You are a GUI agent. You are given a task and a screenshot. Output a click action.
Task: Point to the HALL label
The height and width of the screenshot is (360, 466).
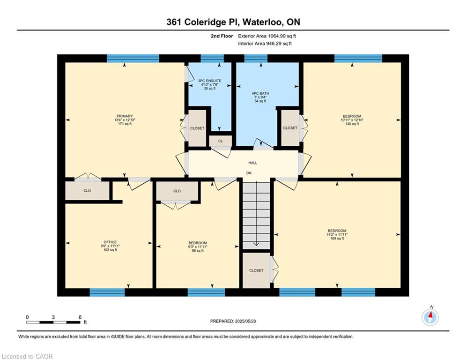pos(253,163)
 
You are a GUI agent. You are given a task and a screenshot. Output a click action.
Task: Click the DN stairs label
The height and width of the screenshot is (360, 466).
pos(249,173)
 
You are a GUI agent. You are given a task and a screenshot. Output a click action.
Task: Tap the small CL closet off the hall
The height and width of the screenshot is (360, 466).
pos(221,141)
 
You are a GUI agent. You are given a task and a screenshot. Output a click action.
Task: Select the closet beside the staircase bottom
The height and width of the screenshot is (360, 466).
pos(256,270)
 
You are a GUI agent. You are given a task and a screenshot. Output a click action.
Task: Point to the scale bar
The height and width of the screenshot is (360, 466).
pos(53,322)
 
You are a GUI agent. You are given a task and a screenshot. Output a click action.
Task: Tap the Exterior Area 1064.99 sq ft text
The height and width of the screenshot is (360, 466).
pos(267,36)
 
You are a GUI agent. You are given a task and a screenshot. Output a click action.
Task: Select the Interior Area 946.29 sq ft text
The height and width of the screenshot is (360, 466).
pos(265,44)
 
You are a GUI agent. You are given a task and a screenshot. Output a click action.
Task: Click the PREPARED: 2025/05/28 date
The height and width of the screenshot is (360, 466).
pos(233,321)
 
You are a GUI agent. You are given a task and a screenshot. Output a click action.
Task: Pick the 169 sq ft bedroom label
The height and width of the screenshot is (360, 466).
pos(337,234)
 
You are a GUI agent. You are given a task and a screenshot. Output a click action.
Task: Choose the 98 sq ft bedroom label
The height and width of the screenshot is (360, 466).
pos(198,247)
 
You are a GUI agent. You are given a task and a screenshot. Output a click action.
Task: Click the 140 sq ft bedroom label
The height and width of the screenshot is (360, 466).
pos(352,120)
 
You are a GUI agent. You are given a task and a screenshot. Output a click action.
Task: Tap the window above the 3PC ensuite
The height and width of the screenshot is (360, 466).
pos(212,58)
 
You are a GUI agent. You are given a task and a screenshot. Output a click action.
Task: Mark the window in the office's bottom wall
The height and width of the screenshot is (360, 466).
pos(107,292)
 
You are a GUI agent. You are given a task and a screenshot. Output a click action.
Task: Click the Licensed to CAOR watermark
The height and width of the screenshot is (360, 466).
pos(27,356)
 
